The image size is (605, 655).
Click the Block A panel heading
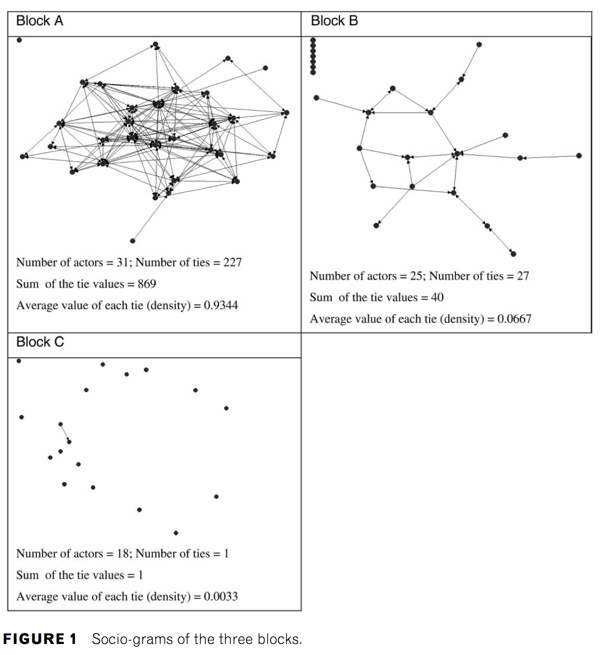point(40,21)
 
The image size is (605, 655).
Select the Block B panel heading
point(334,21)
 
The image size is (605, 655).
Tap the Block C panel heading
point(40,342)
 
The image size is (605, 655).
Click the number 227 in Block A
point(233,263)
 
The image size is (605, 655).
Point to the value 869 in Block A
point(147,284)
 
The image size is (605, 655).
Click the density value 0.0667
point(514,319)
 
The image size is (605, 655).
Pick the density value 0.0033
point(221,597)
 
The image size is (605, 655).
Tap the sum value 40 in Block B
point(437,297)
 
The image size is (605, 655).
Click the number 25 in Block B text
point(416,276)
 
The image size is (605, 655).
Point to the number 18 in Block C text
point(123,553)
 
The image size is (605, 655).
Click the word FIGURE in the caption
point(34,639)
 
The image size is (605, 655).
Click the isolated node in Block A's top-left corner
point(19,40)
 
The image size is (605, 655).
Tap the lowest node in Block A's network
point(133,241)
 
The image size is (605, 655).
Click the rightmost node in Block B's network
point(579,156)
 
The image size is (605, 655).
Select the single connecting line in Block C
point(65,433)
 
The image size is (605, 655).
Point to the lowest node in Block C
point(176,533)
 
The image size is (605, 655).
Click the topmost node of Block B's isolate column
point(313,40)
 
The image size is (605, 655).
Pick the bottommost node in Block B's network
point(514,254)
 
